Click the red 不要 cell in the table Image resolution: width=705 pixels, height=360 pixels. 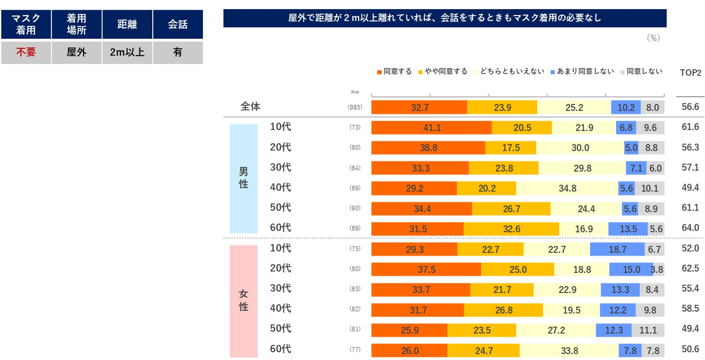[x=26, y=52]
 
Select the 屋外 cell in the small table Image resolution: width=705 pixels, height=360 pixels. [x=77, y=52]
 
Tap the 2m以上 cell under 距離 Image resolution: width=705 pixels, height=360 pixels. [x=127, y=52]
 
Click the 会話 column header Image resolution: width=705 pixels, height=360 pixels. [x=178, y=24]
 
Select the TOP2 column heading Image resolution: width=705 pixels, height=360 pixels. [x=690, y=72]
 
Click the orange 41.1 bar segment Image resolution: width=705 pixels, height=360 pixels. [x=431, y=128]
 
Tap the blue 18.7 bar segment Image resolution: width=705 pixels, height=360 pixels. [x=617, y=249]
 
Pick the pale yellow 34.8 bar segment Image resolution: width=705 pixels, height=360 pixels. [x=567, y=188]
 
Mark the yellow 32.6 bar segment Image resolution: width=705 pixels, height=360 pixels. [x=511, y=229]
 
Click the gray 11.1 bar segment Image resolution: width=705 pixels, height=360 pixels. [x=648, y=330]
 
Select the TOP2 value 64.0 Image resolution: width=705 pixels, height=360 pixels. [x=690, y=228]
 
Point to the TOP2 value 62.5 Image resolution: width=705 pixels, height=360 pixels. [x=690, y=268]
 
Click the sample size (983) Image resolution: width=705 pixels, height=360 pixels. [x=355, y=108]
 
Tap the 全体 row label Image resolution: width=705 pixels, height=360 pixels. [x=250, y=107]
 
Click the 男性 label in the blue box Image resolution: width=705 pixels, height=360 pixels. [x=244, y=178]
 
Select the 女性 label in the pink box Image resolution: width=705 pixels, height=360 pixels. [x=244, y=301]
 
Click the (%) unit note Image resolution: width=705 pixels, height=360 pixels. [x=653, y=38]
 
